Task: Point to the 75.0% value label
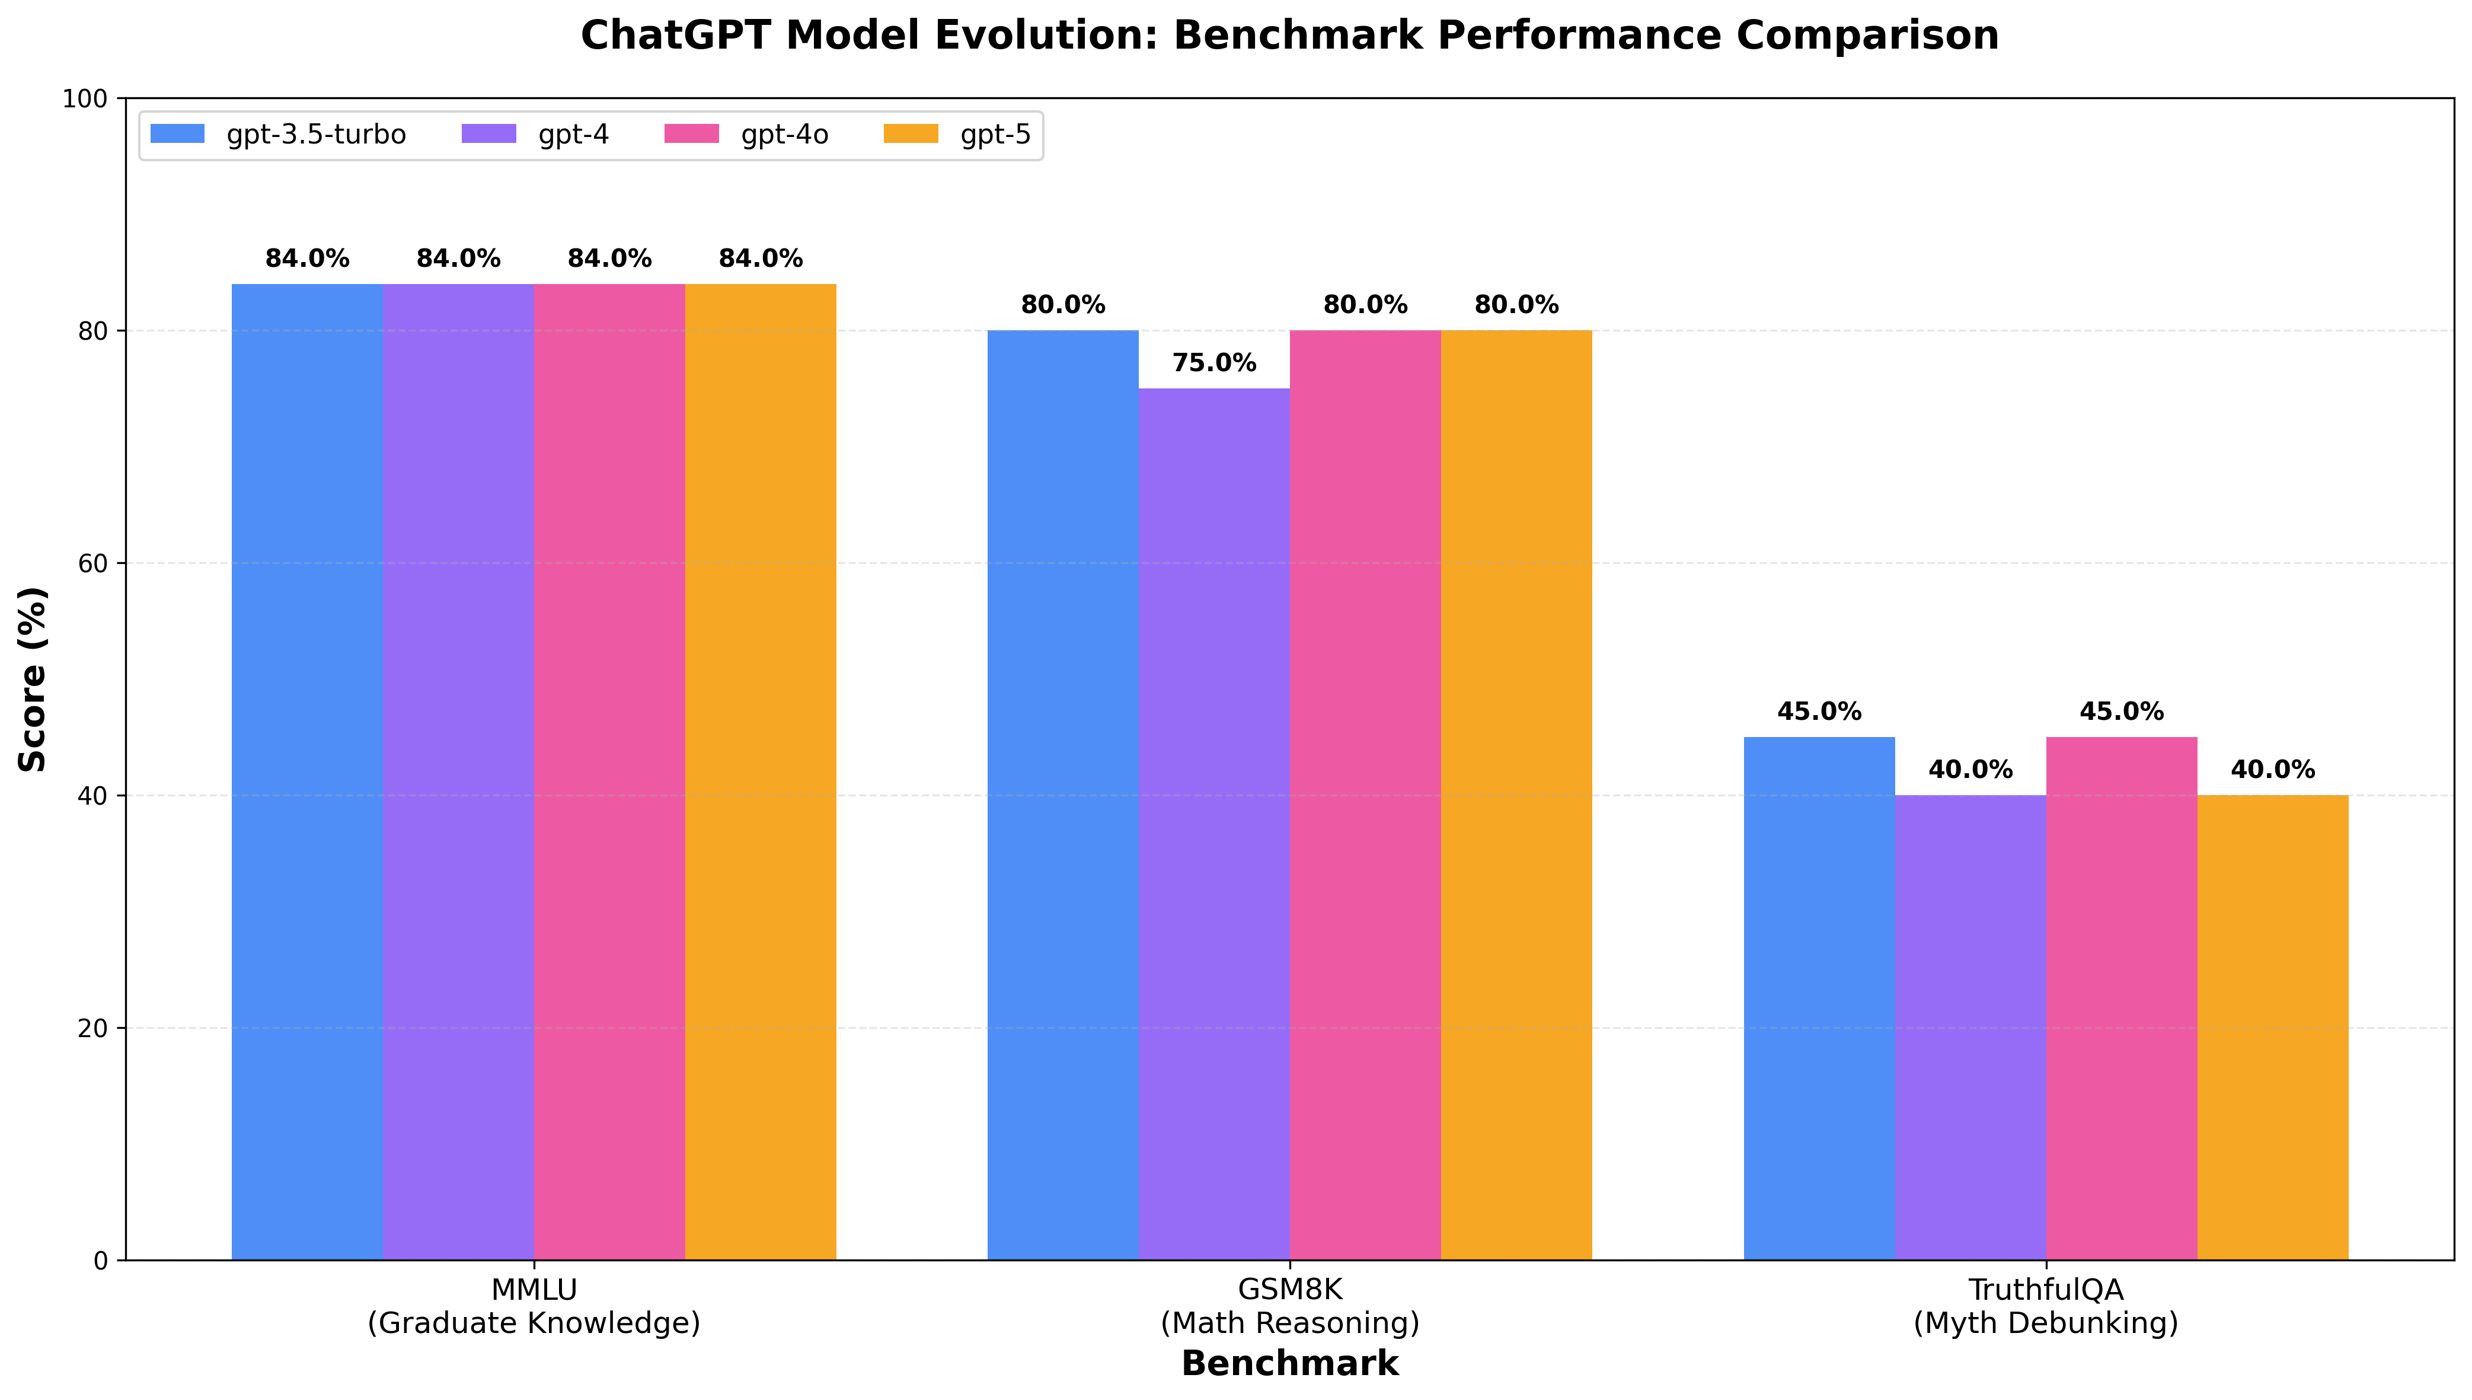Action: click(1214, 363)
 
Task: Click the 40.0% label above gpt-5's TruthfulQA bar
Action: click(2272, 770)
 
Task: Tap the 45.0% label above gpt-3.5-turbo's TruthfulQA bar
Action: click(1819, 713)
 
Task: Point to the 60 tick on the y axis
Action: click(92, 563)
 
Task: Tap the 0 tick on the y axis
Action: click(100, 1261)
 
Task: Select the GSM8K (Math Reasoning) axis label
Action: click(1290, 1306)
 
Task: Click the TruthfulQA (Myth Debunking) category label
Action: click(2045, 1306)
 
